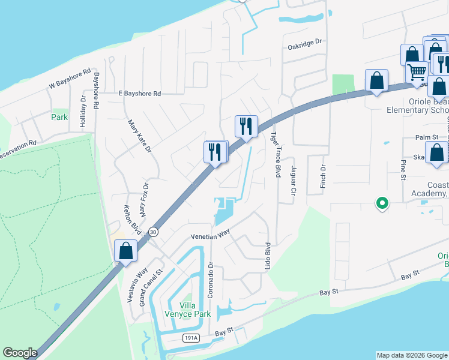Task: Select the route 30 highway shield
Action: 154,232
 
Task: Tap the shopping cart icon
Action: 416,72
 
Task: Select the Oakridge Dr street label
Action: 304,43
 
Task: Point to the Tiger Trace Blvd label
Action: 276,154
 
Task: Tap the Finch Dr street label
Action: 322,174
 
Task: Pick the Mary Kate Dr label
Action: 139,136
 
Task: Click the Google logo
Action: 20,353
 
